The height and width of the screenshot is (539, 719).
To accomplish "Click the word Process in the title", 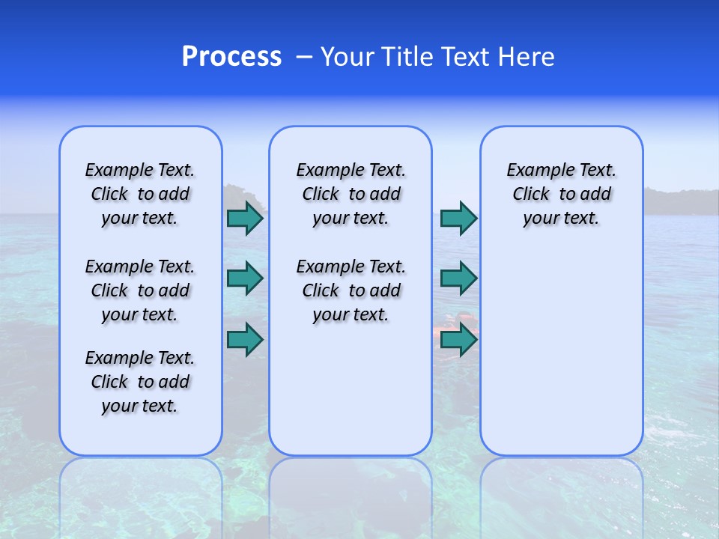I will click(231, 57).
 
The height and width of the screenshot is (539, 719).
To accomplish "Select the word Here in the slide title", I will click(524, 57).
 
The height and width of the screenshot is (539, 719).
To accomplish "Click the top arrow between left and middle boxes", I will click(245, 219).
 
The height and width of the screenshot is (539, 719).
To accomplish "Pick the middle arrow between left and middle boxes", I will click(245, 278).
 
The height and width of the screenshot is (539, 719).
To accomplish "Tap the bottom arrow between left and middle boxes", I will click(245, 340).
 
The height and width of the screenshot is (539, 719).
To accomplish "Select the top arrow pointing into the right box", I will click(458, 219).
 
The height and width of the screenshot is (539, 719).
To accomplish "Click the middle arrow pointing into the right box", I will click(458, 278).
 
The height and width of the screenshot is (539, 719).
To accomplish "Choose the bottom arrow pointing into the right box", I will click(458, 341).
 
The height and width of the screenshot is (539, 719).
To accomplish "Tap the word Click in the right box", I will click(531, 195).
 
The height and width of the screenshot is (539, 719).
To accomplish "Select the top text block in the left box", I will click(140, 194).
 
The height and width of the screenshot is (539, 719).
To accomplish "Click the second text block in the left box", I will click(140, 290).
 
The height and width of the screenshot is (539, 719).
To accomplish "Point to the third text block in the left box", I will click(140, 382).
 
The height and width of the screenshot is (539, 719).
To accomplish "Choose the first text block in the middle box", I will click(351, 194).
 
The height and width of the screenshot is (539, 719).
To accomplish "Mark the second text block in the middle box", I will click(351, 290).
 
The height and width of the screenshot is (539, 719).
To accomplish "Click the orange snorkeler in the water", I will click(449, 324).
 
